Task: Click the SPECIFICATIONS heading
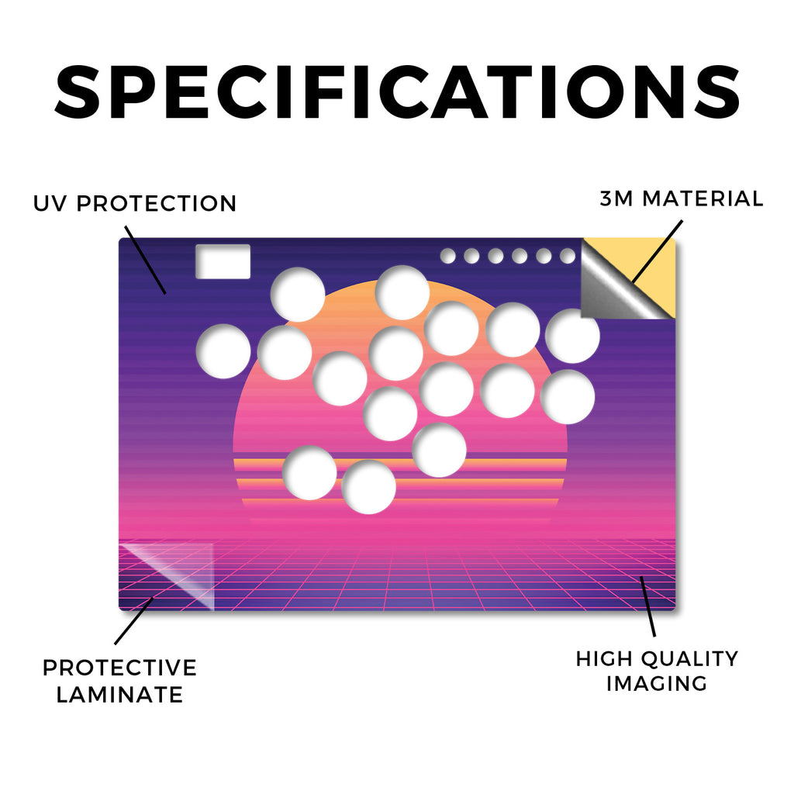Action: pos(397,92)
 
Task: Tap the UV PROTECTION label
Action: pos(135,204)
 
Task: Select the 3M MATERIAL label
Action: pos(682,198)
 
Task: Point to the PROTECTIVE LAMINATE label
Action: pos(119,681)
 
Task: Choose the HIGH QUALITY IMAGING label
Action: pos(657,671)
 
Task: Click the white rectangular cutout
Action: pos(223,261)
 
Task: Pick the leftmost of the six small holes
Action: pos(447,256)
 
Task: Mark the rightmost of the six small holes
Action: pos(568,256)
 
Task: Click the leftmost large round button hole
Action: pos(223,351)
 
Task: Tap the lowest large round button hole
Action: pos(368,487)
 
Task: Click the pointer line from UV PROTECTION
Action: pos(145,260)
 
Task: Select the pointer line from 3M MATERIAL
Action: pos(658,251)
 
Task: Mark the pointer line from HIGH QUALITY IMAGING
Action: pos(647,606)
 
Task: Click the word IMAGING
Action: pos(657,683)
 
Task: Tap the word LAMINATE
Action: pos(119,694)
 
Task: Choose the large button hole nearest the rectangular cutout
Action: pos(298,294)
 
